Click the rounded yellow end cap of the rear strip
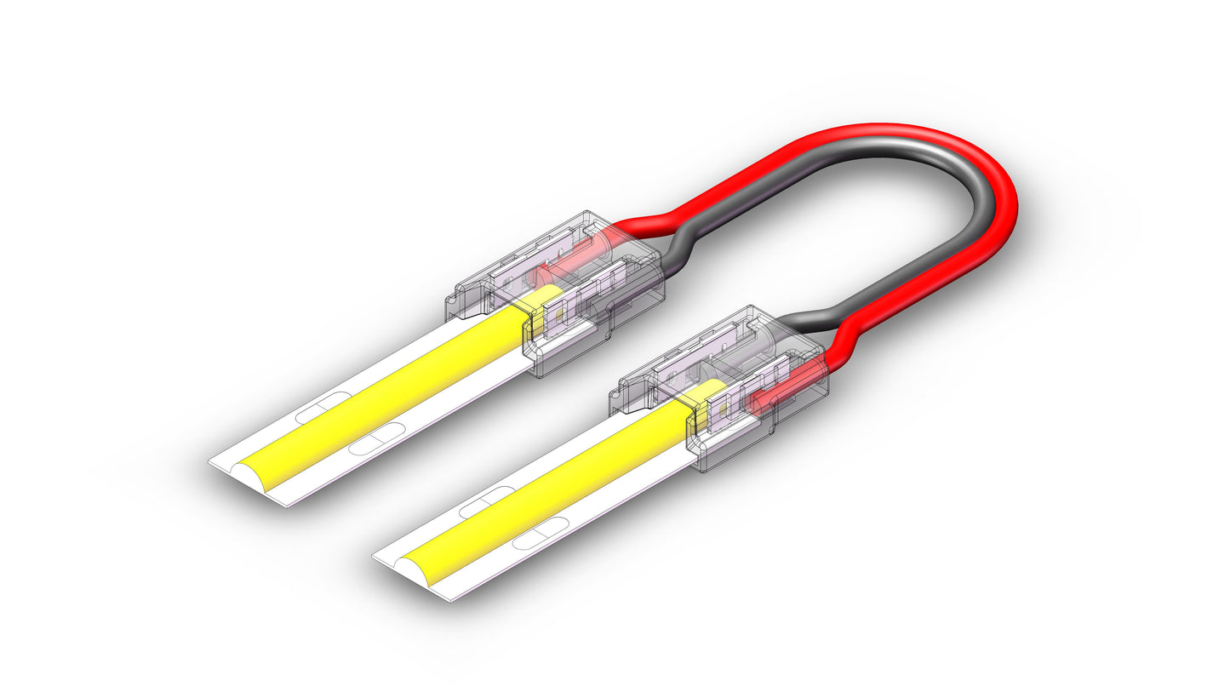click(x=255, y=477)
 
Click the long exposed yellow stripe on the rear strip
click(x=392, y=392)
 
